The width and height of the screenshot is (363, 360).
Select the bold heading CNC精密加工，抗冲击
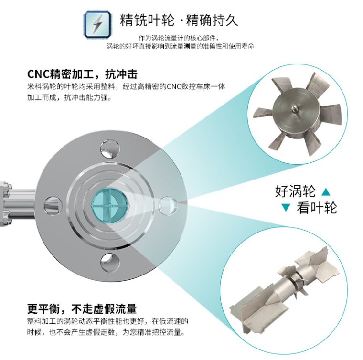tap(82, 74)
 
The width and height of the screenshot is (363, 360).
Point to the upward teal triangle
tap(326, 192)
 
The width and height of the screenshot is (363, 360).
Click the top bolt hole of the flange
tap(109, 149)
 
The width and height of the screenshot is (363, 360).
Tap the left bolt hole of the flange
tap(53, 205)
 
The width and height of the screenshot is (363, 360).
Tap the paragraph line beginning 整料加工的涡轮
tap(107, 322)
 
